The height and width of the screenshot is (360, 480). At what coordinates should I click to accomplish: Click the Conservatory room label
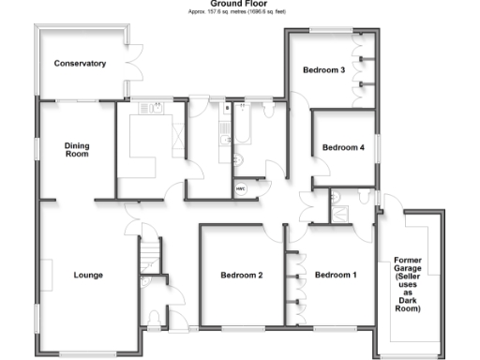80,64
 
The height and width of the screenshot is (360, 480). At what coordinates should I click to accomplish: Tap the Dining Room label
76,149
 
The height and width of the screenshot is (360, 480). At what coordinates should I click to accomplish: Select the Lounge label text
88,275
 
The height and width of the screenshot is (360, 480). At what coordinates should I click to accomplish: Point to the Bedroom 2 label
240,275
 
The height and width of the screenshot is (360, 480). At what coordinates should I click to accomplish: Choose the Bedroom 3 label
323,70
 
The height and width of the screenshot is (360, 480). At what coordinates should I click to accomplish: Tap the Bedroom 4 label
343,147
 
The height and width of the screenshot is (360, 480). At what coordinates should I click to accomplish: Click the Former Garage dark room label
408,283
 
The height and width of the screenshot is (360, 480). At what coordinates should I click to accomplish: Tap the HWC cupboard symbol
240,188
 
